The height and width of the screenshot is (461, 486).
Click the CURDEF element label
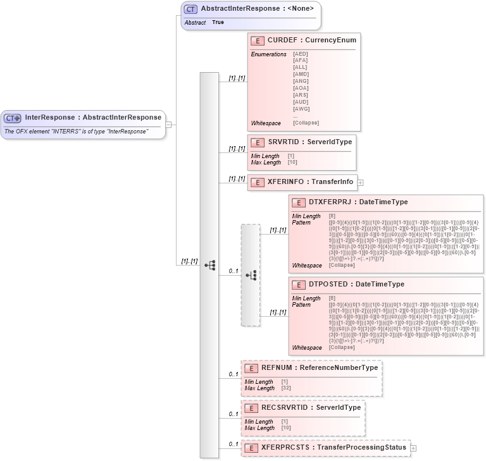(311, 40)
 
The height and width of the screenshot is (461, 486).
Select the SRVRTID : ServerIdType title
(309, 142)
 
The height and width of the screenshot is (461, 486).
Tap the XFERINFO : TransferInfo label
(310, 182)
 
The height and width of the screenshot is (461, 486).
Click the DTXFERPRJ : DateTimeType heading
(358, 202)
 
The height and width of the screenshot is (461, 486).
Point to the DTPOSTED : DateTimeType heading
(356, 285)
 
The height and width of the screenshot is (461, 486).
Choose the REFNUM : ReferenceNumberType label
(319, 367)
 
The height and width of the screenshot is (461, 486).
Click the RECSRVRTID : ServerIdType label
(311, 407)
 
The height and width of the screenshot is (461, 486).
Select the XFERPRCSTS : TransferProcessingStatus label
(333, 447)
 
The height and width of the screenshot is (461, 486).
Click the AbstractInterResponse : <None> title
(258, 9)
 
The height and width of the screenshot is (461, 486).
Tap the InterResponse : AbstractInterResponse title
(93, 117)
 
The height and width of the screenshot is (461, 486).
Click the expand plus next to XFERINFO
(361, 183)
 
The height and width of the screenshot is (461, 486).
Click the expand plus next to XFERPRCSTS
(414, 448)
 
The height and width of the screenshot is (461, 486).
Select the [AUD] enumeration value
(301, 101)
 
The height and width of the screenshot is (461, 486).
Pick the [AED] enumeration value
(301, 54)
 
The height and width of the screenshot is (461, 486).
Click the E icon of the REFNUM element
(251, 368)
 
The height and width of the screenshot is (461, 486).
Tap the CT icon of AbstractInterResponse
(190, 9)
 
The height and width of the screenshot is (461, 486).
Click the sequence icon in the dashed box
(251, 275)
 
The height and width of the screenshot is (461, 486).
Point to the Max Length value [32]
(287, 388)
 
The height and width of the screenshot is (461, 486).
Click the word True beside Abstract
(218, 22)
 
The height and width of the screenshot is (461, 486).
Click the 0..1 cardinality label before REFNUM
(233, 374)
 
